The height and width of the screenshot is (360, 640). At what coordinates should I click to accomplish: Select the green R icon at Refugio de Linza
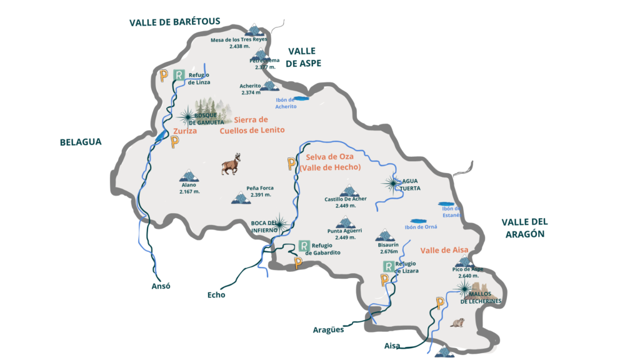179,76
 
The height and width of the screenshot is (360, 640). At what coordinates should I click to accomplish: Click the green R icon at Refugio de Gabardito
304,246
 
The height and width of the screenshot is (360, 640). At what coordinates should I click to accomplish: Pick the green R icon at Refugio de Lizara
388,267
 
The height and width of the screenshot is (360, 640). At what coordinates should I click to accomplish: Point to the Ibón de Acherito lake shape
301,98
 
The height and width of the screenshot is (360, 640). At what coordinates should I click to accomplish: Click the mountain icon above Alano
188,175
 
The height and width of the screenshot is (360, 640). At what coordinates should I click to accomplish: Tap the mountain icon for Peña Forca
241,197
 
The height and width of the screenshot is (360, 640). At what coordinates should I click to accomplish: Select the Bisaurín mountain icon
385,236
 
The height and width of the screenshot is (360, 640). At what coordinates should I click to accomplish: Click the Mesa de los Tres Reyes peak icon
254,29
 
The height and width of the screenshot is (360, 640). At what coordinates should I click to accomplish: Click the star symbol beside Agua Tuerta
392,182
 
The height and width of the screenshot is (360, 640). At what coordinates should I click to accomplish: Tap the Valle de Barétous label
175,22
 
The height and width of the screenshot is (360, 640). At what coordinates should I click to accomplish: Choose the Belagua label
81,142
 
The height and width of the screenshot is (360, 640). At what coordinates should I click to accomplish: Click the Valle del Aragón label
523,227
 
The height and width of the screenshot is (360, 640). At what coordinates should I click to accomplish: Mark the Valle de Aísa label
444,250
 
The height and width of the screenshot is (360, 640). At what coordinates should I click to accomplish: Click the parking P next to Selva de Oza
291,164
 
